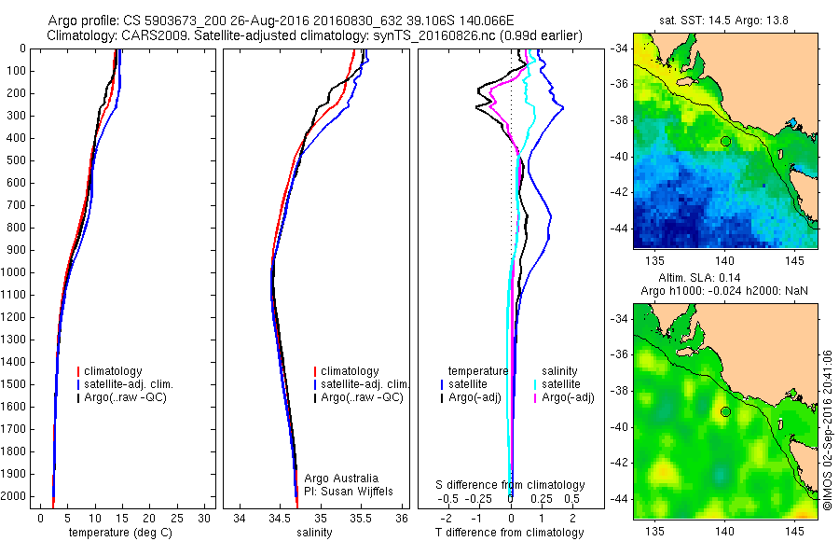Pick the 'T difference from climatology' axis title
tap(510, 533)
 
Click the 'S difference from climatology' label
tap(511, 485)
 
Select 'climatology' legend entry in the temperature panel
tap(114, 371)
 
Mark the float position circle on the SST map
tap(724, 141)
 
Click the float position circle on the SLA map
tap(724, 411)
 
